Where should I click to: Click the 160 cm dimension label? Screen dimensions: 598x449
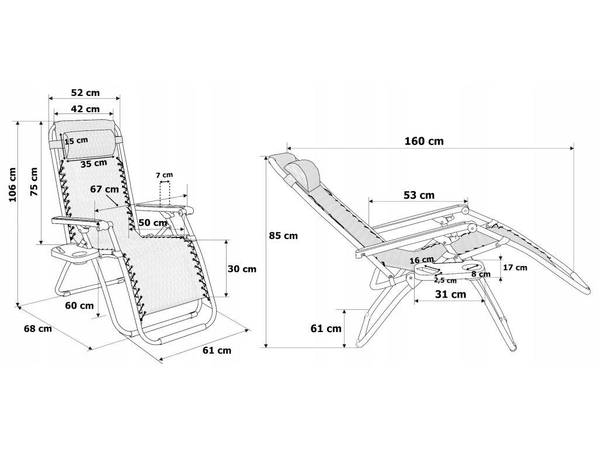tap(424, 141)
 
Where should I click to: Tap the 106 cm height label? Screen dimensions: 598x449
tap(13, 185)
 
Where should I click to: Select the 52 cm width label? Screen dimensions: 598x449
tap(85, 93)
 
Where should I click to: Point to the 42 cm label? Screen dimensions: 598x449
tap(85, 109)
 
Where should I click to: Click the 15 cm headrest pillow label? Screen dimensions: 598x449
tap(77, 140)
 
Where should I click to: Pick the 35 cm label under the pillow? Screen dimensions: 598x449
tap(94, 164)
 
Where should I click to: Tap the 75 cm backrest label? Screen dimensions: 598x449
tap(34, 182)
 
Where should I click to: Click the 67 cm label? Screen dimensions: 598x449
tap(105, 189)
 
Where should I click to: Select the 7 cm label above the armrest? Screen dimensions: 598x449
tap(164, 175)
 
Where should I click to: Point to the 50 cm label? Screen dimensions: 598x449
tap(152, 222)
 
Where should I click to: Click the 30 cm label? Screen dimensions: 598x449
tap(242, 269)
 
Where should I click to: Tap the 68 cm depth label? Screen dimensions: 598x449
tap(38, 329)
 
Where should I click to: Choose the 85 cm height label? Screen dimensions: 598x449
tap(283, 236)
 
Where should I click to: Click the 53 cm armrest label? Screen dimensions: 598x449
tap(419, 195)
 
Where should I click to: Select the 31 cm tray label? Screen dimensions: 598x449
tap(450, 294)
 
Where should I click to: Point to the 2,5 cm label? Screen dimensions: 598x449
tap(445, 281)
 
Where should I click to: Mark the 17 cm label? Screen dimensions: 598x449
tap(515, 268)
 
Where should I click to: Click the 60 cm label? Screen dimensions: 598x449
tap(79, 305)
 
